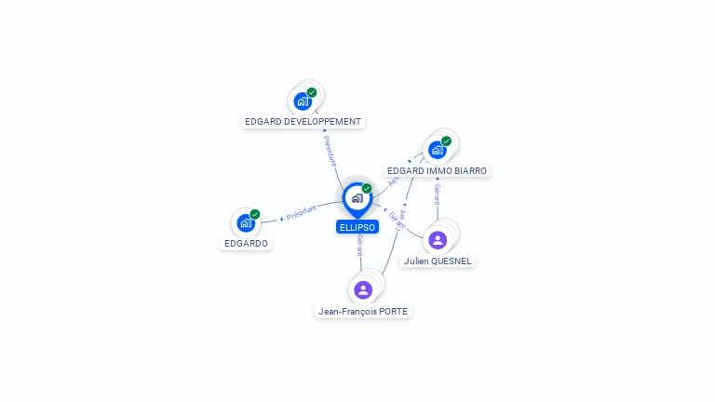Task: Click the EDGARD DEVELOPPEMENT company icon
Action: tap(302, 101)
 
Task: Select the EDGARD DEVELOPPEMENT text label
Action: tap(303, 122)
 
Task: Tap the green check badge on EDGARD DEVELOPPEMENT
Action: tap(312, 92)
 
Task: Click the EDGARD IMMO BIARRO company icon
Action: tap(437, 150)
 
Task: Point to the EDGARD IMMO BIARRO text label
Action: tap(437, 171)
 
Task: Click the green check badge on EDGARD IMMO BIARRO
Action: tap(446, 141)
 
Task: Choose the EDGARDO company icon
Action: tap(246, 222)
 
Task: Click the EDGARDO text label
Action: tap(246, 244)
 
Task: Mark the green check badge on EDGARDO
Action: tap(255, 214)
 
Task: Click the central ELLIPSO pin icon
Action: tap(357, 198)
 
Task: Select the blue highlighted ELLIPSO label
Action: tap(357, 227)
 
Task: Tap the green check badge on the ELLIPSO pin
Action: tap(367, 188)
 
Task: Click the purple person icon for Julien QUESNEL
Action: tap(438, 240)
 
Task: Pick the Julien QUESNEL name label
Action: tap(438, 261)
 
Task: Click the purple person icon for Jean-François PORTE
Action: tap(363, 289)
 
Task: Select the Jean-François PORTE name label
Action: tap(363, 312)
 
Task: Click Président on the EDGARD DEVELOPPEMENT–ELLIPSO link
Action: tap(330, 151)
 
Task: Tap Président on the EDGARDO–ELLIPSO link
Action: tap(302, 213)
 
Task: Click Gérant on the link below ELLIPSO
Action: tap(359, 246)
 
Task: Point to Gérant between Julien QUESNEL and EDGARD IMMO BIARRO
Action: tap(437, 194)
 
